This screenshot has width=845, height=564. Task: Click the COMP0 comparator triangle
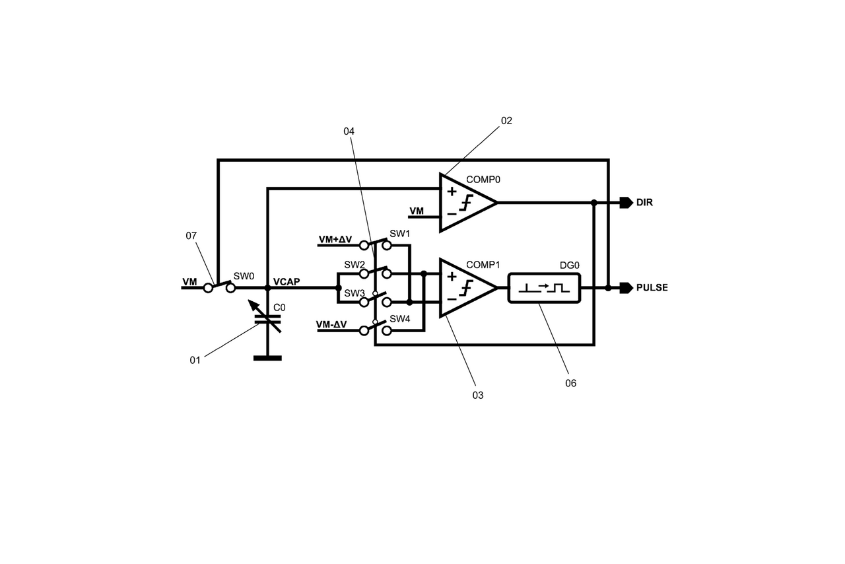click(x=465, y=203)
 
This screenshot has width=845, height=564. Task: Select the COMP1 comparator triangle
click(x=465, y=287)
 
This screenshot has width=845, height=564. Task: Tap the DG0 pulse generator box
click(x=544, y=288)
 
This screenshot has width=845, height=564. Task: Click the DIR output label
click(x=644, y=203)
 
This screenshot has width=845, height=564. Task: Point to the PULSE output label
click(x=652, y=288)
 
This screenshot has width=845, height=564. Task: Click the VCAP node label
click(x=287, y=281)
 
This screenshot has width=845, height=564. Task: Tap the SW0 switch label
click(x=244, y=276)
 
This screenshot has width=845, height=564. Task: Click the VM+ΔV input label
click(x=335, y=239)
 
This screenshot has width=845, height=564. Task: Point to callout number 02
click(x=506, y=121)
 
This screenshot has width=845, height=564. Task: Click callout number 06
click(x=571, y=383)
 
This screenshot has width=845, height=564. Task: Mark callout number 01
click(x=195, y=361)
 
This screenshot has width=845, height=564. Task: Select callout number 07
click(x=191, y=235)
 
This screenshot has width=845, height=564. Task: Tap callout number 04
click(x=349, y=131)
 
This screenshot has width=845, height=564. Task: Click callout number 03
click(x=477, y=395)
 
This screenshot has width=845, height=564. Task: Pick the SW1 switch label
click(x=399, y=234)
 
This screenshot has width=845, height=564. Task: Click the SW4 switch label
click(x=399, y=319)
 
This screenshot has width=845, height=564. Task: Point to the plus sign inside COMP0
click(x=452, y=192)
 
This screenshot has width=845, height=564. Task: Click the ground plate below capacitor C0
click(x=267, y=358)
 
